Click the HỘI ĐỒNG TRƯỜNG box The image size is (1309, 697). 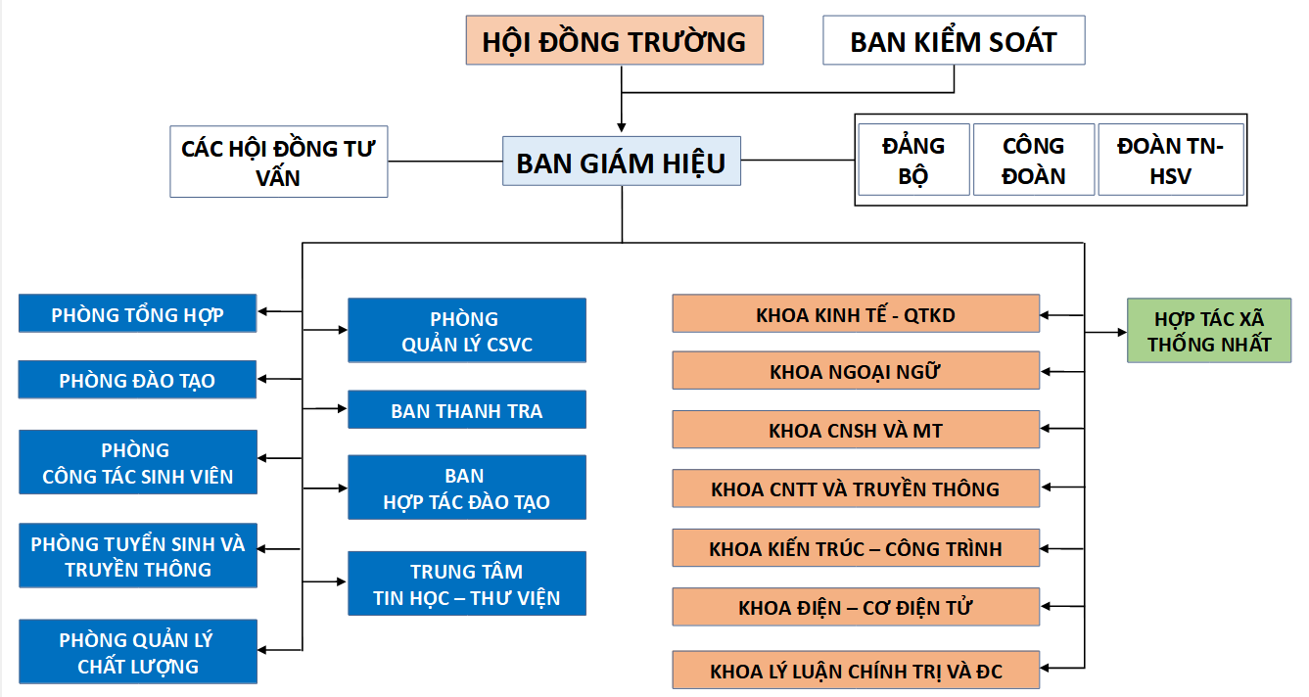(614, 40)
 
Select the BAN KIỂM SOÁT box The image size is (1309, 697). (954, 40)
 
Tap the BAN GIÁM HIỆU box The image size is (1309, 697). (621, 162)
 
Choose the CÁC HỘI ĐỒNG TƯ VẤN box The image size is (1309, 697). (279, 162)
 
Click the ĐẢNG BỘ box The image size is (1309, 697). (913, 160)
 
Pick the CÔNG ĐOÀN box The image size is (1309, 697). (1033, 160)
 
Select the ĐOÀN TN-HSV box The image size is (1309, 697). (1171, 160)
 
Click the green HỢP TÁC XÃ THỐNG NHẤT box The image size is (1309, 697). (1208, 331)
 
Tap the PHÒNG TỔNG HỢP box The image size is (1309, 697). (137, 313)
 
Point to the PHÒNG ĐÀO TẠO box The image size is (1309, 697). (137, 379)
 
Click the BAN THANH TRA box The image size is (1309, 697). (467, 409)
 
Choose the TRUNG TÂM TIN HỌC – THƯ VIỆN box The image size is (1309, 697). (467, 583)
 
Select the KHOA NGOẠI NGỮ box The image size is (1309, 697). (856, 370)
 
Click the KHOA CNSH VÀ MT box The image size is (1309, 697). (856, 430)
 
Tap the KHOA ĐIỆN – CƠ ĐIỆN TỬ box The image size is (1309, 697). (856, 606)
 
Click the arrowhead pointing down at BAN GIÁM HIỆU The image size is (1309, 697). (621, 127)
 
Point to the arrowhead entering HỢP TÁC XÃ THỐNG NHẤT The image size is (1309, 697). (1122, 333)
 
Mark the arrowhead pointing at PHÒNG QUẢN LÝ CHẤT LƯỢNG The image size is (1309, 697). (262, 650)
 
